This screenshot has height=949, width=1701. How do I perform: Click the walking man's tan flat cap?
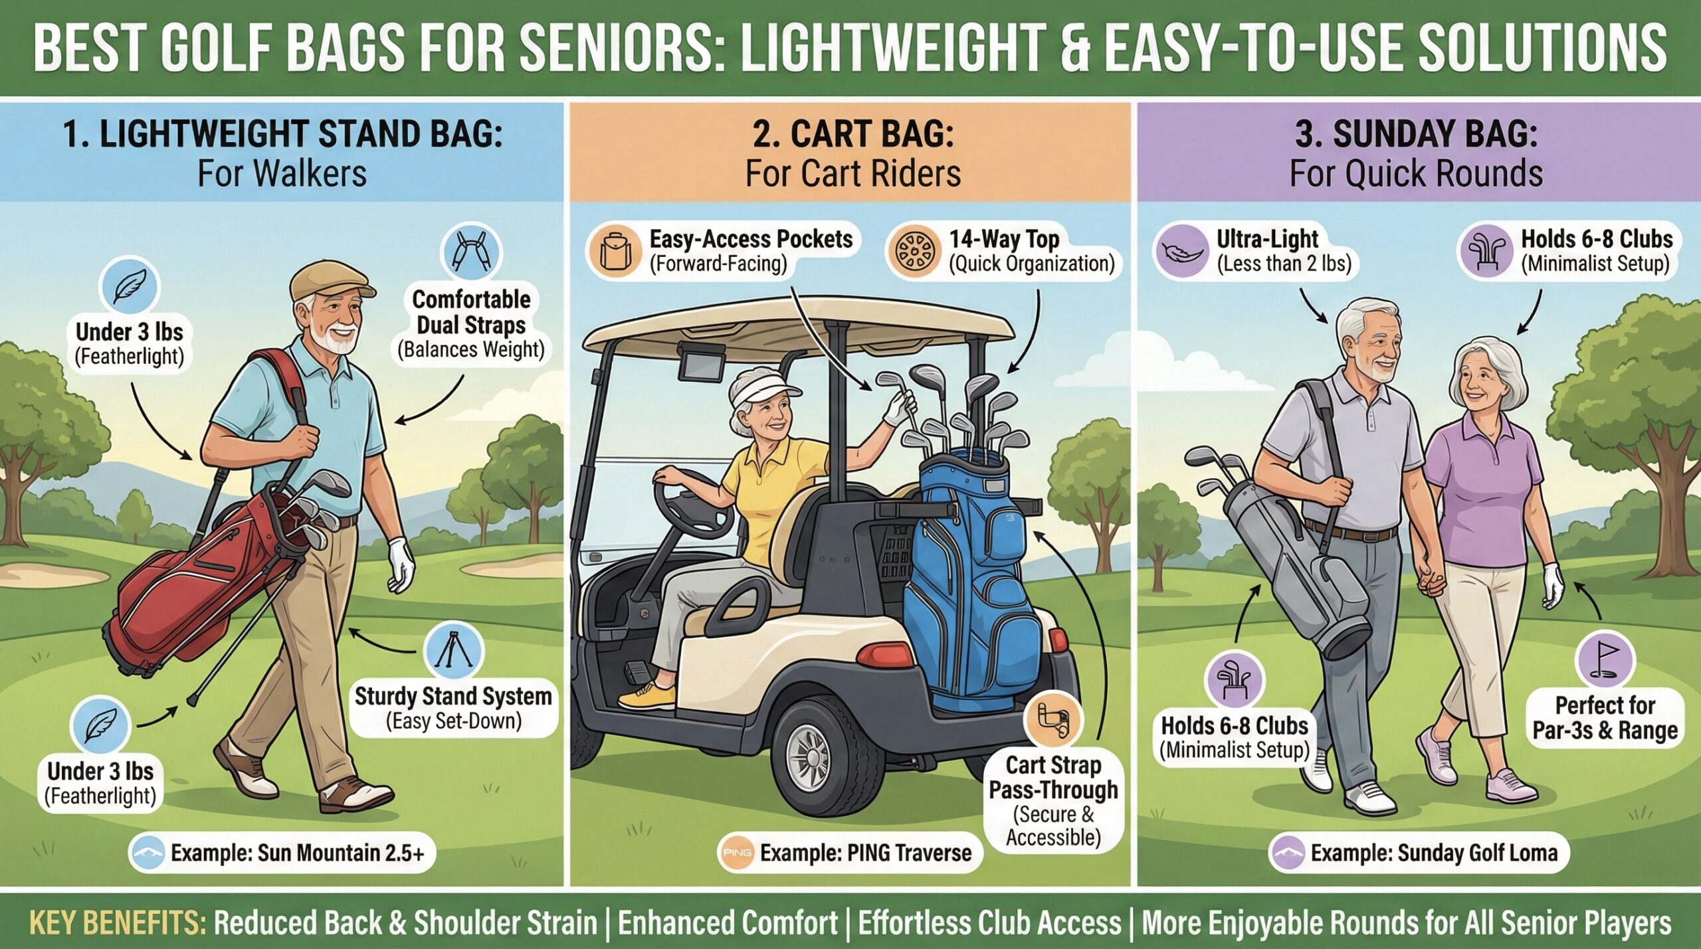click(x=328, y=282)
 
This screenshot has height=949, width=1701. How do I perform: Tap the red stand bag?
click(x=199, y=584)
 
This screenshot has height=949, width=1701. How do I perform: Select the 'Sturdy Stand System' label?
click(x=453, y=708)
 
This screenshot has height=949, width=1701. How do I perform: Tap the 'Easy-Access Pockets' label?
click(x=750, y=250)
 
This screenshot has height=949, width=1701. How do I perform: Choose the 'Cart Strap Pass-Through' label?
click(x=1053, y=800)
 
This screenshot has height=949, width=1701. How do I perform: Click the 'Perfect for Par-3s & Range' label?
click(x=1605, y=717)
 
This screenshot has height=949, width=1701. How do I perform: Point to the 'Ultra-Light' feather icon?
click(x=1181, y=252)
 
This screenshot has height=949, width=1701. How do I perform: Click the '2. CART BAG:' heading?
click(x=853, y=134)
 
